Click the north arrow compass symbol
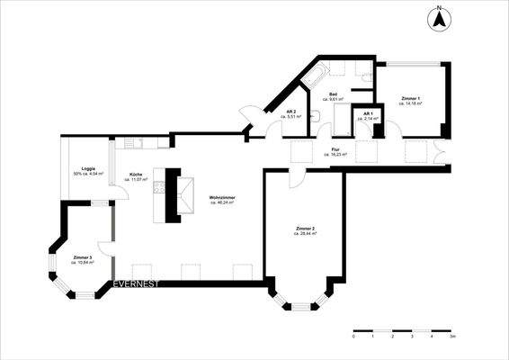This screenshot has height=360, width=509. tap(439, 17)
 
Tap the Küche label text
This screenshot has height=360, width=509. tap(135, 175)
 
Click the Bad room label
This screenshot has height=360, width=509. tap(333, 94)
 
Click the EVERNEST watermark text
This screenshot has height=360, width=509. tap(136, 284)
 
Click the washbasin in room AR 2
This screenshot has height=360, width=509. tap(316, 115)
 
